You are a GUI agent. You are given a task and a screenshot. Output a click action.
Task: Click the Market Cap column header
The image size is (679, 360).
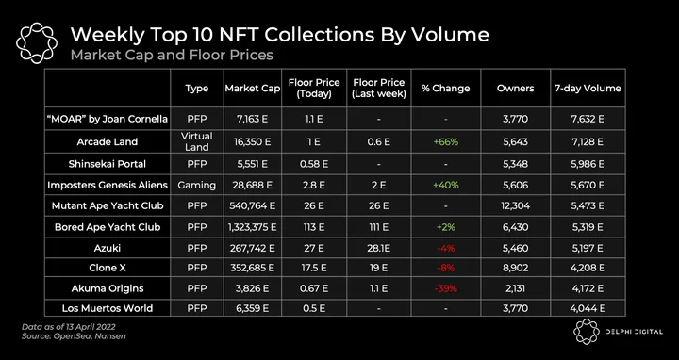(253, 89)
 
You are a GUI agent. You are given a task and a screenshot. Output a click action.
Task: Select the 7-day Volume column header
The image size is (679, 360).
(588, 89)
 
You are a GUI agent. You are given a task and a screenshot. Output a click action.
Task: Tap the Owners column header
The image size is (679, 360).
(515, 89)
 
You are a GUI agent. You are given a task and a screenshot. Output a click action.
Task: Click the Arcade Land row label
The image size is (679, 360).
(108, 141)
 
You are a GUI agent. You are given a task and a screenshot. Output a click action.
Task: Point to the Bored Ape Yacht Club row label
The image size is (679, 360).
(108, 227)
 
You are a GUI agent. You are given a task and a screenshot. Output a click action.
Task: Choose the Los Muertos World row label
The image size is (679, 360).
(108, 308)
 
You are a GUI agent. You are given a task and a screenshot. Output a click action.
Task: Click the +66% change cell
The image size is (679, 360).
(445, 141)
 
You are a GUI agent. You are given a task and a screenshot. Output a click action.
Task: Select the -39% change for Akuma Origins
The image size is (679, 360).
(445, 288)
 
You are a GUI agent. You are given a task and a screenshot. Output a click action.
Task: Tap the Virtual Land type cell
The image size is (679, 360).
(196, 141)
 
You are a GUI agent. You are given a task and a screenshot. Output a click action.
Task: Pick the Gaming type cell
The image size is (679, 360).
(196, 186)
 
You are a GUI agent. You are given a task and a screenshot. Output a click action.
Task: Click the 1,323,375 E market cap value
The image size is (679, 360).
(253, 227)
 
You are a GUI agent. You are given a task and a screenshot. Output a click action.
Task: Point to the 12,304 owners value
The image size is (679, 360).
(515, 205)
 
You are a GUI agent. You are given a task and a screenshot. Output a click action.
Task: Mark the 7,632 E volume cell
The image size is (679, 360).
(588, 119)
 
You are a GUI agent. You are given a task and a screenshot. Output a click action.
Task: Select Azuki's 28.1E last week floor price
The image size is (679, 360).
(379, 249)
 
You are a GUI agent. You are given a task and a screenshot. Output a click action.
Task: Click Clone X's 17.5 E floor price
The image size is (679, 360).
(314, 268)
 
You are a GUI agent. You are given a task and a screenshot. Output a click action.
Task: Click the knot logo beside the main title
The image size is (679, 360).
(37, 42)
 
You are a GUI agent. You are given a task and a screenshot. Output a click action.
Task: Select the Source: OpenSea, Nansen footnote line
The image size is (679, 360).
(74, 336)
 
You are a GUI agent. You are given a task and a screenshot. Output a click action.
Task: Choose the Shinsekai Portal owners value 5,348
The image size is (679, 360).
(515, 164)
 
